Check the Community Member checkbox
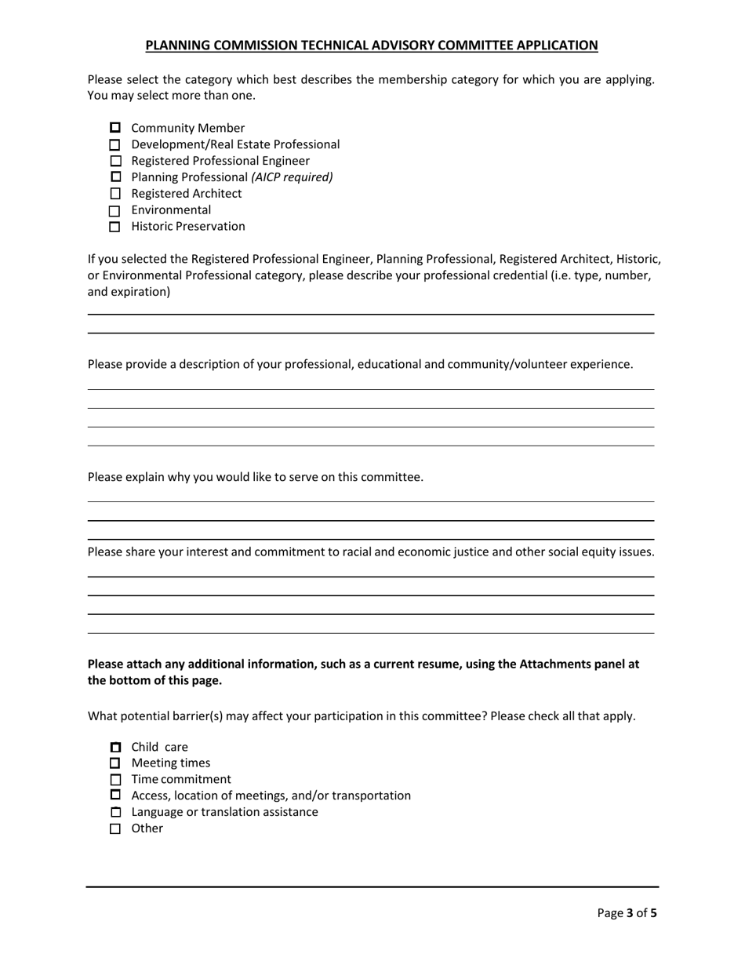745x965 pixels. coord(115,128)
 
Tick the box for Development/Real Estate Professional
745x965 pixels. coord(115,145)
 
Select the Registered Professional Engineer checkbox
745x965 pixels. coord(115,162)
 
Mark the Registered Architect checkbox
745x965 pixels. coord(115,194)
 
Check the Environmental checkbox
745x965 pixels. coord(115,211)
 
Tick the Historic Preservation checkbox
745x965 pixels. coord(115,228)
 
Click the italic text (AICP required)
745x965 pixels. coord(292,177)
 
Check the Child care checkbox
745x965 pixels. coord(115,747)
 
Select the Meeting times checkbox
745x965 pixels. coord(115,763)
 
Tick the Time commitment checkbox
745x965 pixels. coord(115,780)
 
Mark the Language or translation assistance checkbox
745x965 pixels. coord(115,812)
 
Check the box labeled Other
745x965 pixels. coord(115,829)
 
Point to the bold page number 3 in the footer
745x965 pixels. coord(629,913)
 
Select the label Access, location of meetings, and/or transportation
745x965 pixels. coord(271,796)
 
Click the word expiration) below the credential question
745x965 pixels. coord(142,292)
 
